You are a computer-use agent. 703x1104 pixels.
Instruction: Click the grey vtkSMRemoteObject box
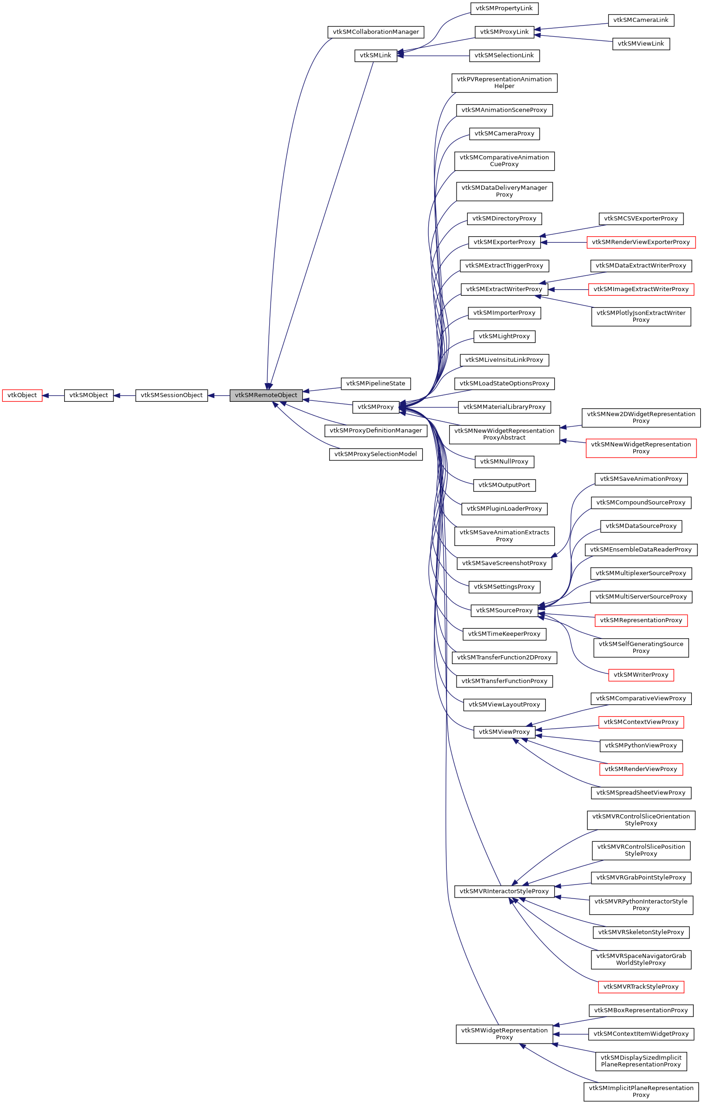pyautogui.click(x=266, y=395)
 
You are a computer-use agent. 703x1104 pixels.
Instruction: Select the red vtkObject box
pyautogui.click(x=22, y=395)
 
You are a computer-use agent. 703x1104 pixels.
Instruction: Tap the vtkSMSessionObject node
pyautogui.click(x=172, y=395)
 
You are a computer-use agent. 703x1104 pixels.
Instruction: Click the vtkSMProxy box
pyautogui.click(x=375, y=407)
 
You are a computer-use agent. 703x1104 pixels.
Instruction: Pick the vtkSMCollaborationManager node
pyautogui.click(x=376, y=32)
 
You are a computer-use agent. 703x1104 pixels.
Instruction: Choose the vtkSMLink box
pyautogui.click(x=375, y=55)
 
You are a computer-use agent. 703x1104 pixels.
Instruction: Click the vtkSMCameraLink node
pyautogui.click(x=641, y=20)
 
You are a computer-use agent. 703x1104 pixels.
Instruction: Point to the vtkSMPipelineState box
pyautogui.click(x=375, y=384)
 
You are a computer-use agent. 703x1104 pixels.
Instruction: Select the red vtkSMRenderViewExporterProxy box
pyautogui.click(x=641, y=242)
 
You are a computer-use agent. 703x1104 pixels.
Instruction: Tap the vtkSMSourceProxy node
pyautogui.click(x=504, y=611)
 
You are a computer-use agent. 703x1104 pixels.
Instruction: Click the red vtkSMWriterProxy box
pyautogui.click(x=641, y=675)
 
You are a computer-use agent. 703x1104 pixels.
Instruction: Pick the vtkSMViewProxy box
pyautogui.click(x=504, y=732)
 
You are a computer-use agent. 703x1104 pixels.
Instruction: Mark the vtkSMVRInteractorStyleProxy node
pyautogui.click(x=504, y=891)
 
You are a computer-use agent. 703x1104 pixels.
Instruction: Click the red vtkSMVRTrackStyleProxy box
pyautogui.click(x=641, y=987)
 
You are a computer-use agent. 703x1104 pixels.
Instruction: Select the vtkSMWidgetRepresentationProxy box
pyautogui.click(x=504, y=1034)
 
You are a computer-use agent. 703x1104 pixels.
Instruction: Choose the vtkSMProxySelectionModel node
pyautogui.click(x=375, y=454)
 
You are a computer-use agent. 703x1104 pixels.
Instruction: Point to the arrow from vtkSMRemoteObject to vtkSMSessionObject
pyautogui.click(x=219, y=396)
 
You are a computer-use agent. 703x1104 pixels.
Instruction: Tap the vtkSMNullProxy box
pyautogui.click(x=504, y=462)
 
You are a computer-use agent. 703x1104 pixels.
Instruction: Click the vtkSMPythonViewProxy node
pyautogui.click(x=641, y=745)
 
